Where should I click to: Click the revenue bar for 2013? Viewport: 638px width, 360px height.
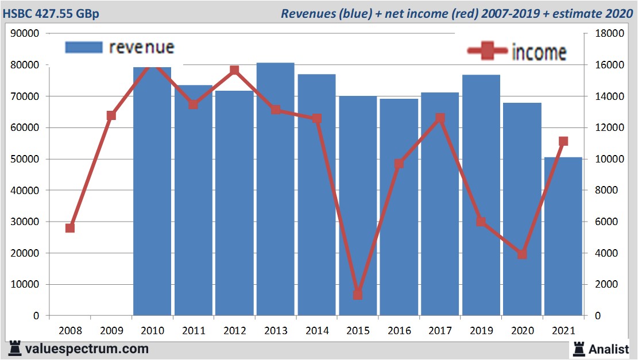click(x=275, y=189)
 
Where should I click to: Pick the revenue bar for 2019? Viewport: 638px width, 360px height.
click(x=481, y=195)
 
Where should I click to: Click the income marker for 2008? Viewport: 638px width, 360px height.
click(x=70, y=228)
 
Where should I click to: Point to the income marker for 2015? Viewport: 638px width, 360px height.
click(x=357, y=295)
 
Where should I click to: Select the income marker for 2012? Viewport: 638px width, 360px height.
click(x=234, y=71)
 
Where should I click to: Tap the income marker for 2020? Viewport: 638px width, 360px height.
click(x=522, y=254)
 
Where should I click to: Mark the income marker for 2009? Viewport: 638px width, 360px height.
click(x=111, y=115)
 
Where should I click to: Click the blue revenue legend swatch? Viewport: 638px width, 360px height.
click(x=84, y=47)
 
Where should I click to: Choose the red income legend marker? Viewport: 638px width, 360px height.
click(x=487, y=51)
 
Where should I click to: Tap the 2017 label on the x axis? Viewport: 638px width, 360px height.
click(x=440, y=331)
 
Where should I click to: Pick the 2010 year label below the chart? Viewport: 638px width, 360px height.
click(x=152, y=331)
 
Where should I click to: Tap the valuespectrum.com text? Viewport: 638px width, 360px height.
click(x=87, y=349)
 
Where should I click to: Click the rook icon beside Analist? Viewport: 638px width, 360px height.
click(x=578, y=349)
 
